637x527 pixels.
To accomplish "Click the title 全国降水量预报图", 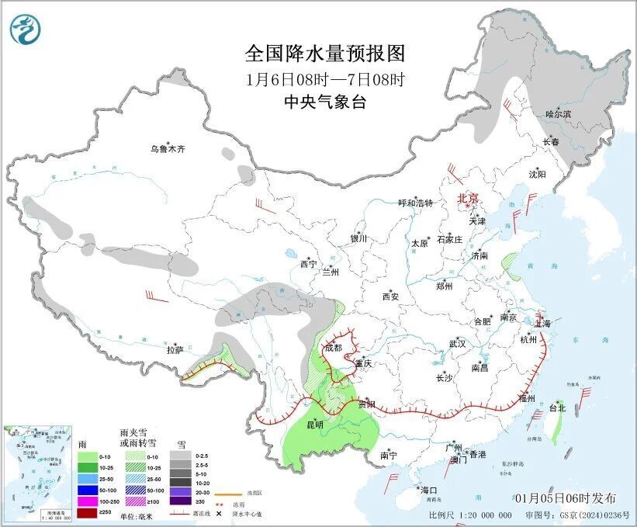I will (x=325, y=54).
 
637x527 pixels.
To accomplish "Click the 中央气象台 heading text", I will (x=325, y=102).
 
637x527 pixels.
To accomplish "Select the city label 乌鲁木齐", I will (x=168, y=148).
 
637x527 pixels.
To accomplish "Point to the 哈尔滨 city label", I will (x=558, y=113).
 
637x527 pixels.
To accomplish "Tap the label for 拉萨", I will (x=175, y=349).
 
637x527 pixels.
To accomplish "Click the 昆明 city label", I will (x=313, y=425).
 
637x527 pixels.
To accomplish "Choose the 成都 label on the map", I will (x=334, y=348).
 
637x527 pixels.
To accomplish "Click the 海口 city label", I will (x=429, y=490).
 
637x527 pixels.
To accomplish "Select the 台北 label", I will (x=557, y=407).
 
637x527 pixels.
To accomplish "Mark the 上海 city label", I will (x=542, y=323).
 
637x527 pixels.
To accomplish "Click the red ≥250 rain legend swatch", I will (x=87, y=512).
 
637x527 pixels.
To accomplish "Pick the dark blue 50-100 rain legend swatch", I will (x=87, y=490).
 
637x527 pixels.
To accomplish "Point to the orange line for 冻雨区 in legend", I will (x=228, y=491).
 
